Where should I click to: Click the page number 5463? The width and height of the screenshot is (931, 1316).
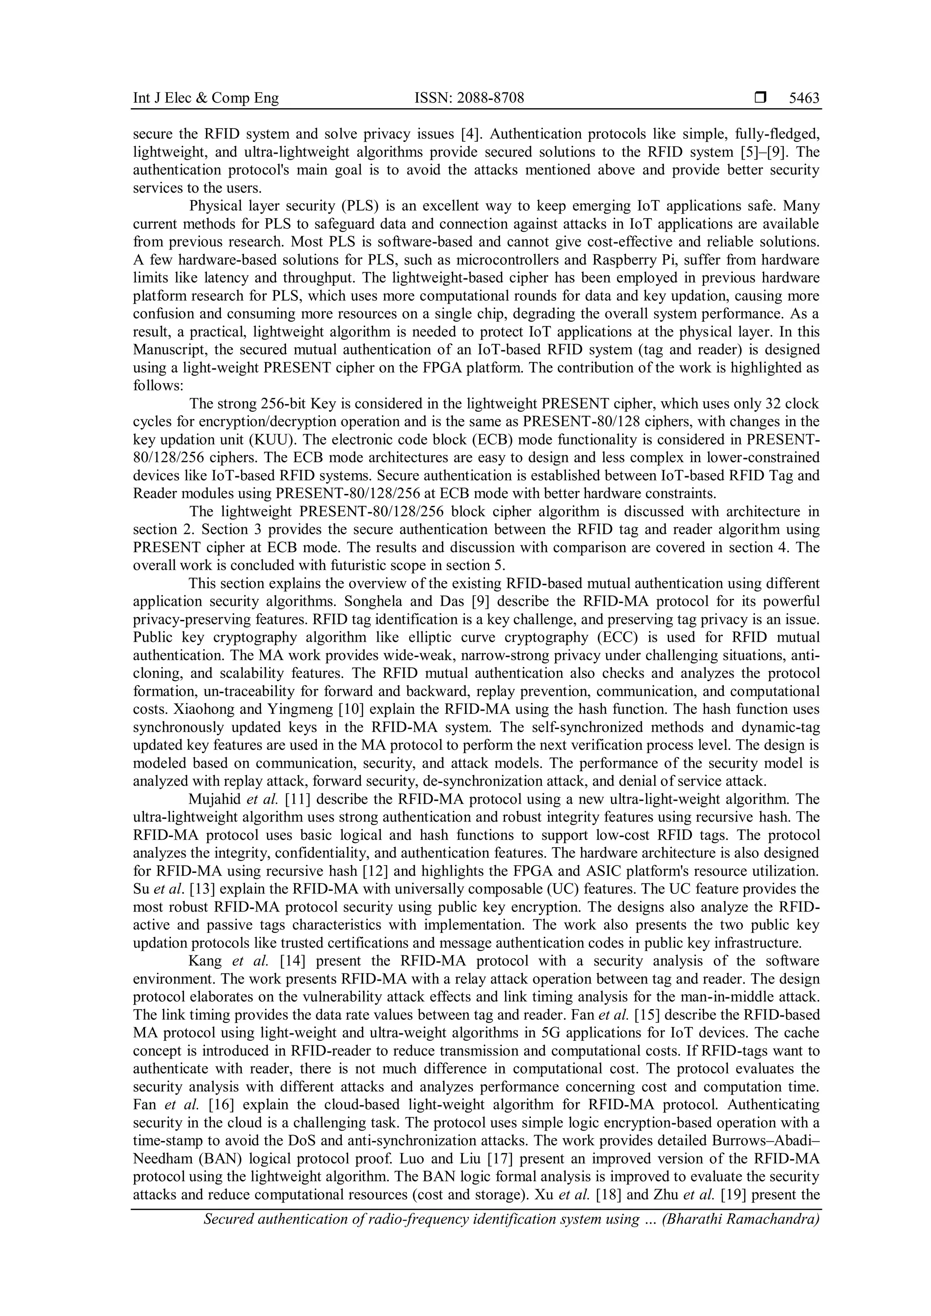[x=804, y=99]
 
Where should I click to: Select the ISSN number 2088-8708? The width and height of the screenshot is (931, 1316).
[x=490, y=99]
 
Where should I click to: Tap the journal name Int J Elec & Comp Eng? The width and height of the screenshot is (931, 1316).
[x=206, y=99]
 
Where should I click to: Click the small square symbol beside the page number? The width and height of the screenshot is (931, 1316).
[x=760, y=99]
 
